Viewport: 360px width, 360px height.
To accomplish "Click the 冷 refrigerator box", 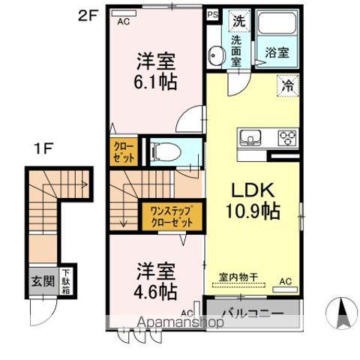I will click(287, 86).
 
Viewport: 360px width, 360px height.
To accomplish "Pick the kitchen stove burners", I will click(286, 138).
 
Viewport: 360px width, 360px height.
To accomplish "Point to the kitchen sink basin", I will click(250, 138).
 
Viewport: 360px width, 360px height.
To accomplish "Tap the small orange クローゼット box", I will click(124, 152).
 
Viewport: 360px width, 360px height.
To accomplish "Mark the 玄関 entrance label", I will click(41, 282).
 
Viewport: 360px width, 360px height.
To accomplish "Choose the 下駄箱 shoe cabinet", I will click(65, 283).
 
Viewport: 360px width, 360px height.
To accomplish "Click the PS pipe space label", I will click(212, 13).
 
